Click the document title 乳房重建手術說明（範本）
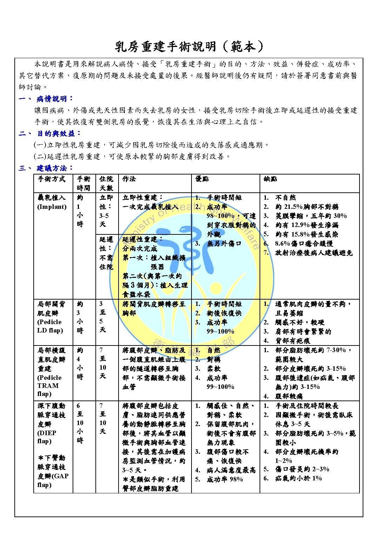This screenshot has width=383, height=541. [189, 46]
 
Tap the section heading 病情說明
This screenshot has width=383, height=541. [55, 99]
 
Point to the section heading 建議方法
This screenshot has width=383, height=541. [55, 168]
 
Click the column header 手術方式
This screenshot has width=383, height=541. [52, 179]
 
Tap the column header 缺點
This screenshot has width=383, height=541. [270, 179]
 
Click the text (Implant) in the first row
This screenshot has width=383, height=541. [52, 207]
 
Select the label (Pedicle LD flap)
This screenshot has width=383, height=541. [50, 326]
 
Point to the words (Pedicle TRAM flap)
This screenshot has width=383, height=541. [49, 386]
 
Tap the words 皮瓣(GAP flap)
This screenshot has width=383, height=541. [53, 480]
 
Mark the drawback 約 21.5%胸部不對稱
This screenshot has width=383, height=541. [307, 207]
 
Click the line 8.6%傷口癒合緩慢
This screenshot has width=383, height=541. [304, 244]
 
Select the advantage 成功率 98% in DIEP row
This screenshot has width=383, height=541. [225, 479]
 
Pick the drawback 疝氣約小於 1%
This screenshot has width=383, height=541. [298, 478]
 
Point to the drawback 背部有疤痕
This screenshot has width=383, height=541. [293, 341]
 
